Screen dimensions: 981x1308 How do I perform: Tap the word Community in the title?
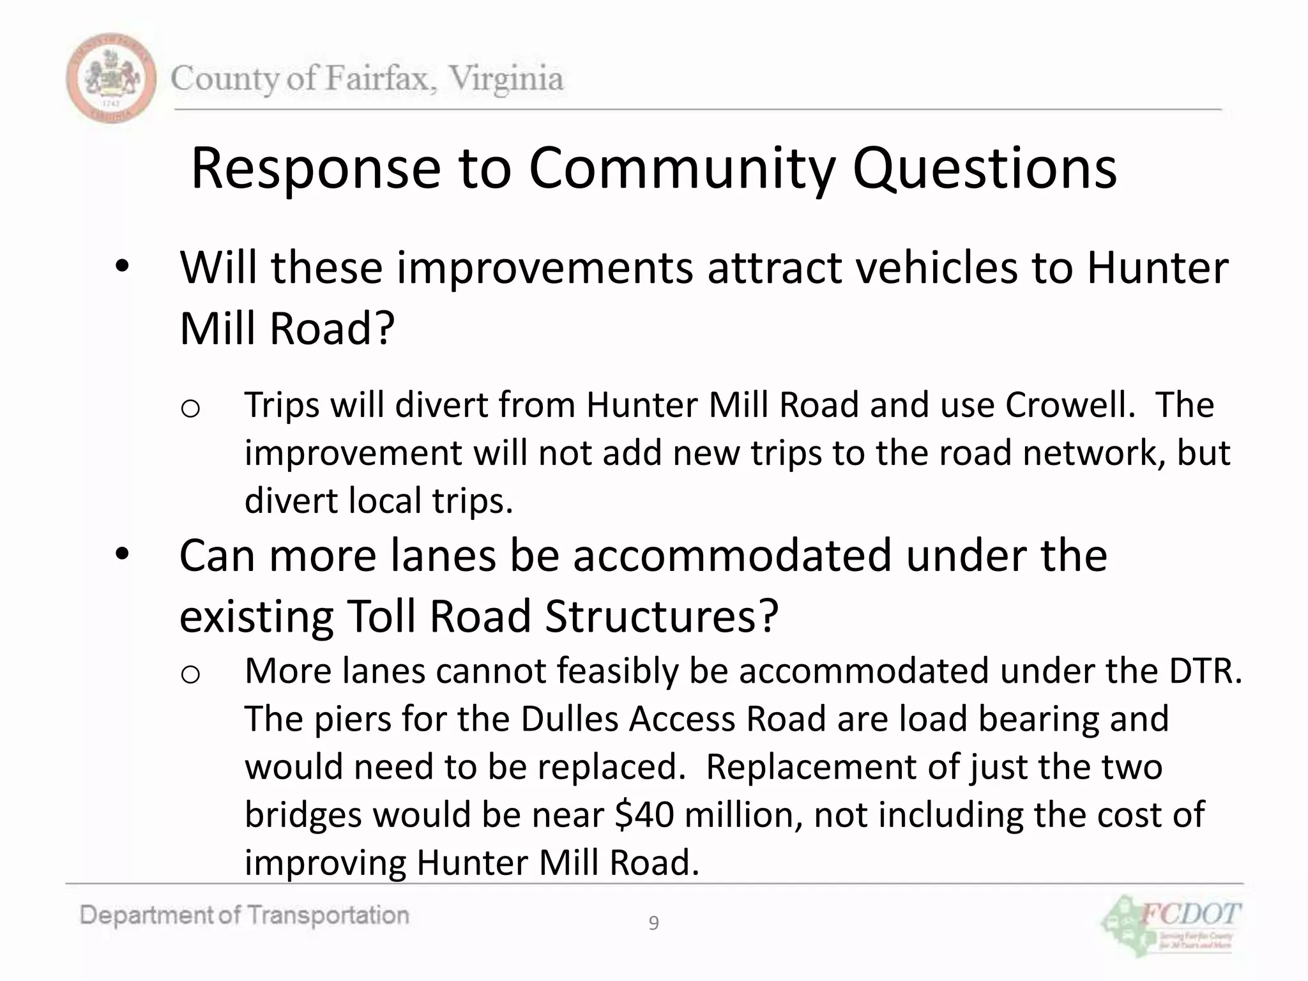pos(681,169)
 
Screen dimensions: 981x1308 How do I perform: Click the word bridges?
pos(303,815)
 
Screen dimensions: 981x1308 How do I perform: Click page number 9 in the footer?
pos(653,924)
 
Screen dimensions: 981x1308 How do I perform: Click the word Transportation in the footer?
pos(328,916)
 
